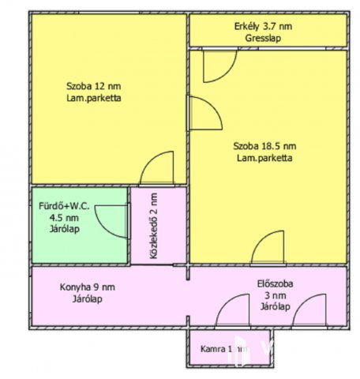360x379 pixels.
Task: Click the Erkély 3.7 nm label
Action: point(263,26)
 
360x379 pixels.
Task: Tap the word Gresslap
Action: point(263,37)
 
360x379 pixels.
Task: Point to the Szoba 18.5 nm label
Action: point(264,146)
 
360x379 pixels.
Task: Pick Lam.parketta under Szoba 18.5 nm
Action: point(264,158)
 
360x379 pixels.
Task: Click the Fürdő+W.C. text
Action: point(64,206)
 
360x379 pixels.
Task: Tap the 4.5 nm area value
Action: point(64,218)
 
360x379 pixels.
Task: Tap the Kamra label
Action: point(213,348)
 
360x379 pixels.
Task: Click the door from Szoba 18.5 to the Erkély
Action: point(218,66)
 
